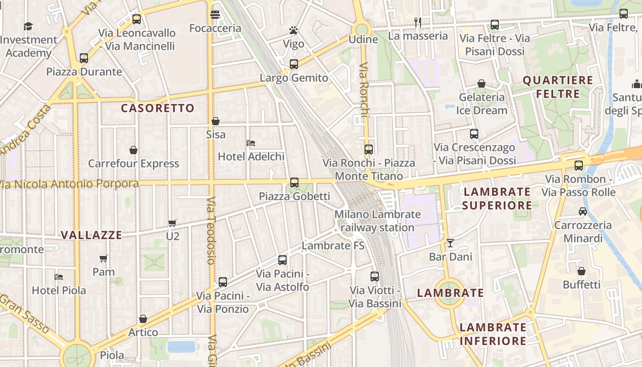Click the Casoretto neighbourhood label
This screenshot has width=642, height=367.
(x=158, y=108)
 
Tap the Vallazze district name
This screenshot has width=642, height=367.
(x=92, y=235)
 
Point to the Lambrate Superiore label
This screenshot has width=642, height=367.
(x=497, y=198)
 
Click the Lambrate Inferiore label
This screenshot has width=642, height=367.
(x=493, y=334)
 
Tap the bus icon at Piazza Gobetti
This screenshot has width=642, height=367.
(x=294, y=183)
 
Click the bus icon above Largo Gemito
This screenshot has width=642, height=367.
(x=294, y=64)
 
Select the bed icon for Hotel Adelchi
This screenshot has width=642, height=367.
(x=250, y=143)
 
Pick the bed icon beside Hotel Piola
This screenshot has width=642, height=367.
(x=59, y=277)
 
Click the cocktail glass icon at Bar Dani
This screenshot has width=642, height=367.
(x=450, y=243)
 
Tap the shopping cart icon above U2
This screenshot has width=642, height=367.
(x=172, y=223)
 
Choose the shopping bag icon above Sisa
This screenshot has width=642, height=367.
(x=216, y=121)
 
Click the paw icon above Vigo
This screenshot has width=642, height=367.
(x=293, y=31)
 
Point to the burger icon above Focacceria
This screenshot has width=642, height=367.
(x=215, y=15)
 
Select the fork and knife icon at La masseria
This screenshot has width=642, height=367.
(x=417, y=22)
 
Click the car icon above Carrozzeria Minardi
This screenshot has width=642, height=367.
(x=582, y=211)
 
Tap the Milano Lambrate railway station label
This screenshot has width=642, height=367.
(x=377, y=221)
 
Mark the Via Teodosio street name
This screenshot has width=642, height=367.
(x=211, y=231)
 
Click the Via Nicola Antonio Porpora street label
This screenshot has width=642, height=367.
(x=69, y=184)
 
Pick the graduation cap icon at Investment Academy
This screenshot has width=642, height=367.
(x=28, y=26)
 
